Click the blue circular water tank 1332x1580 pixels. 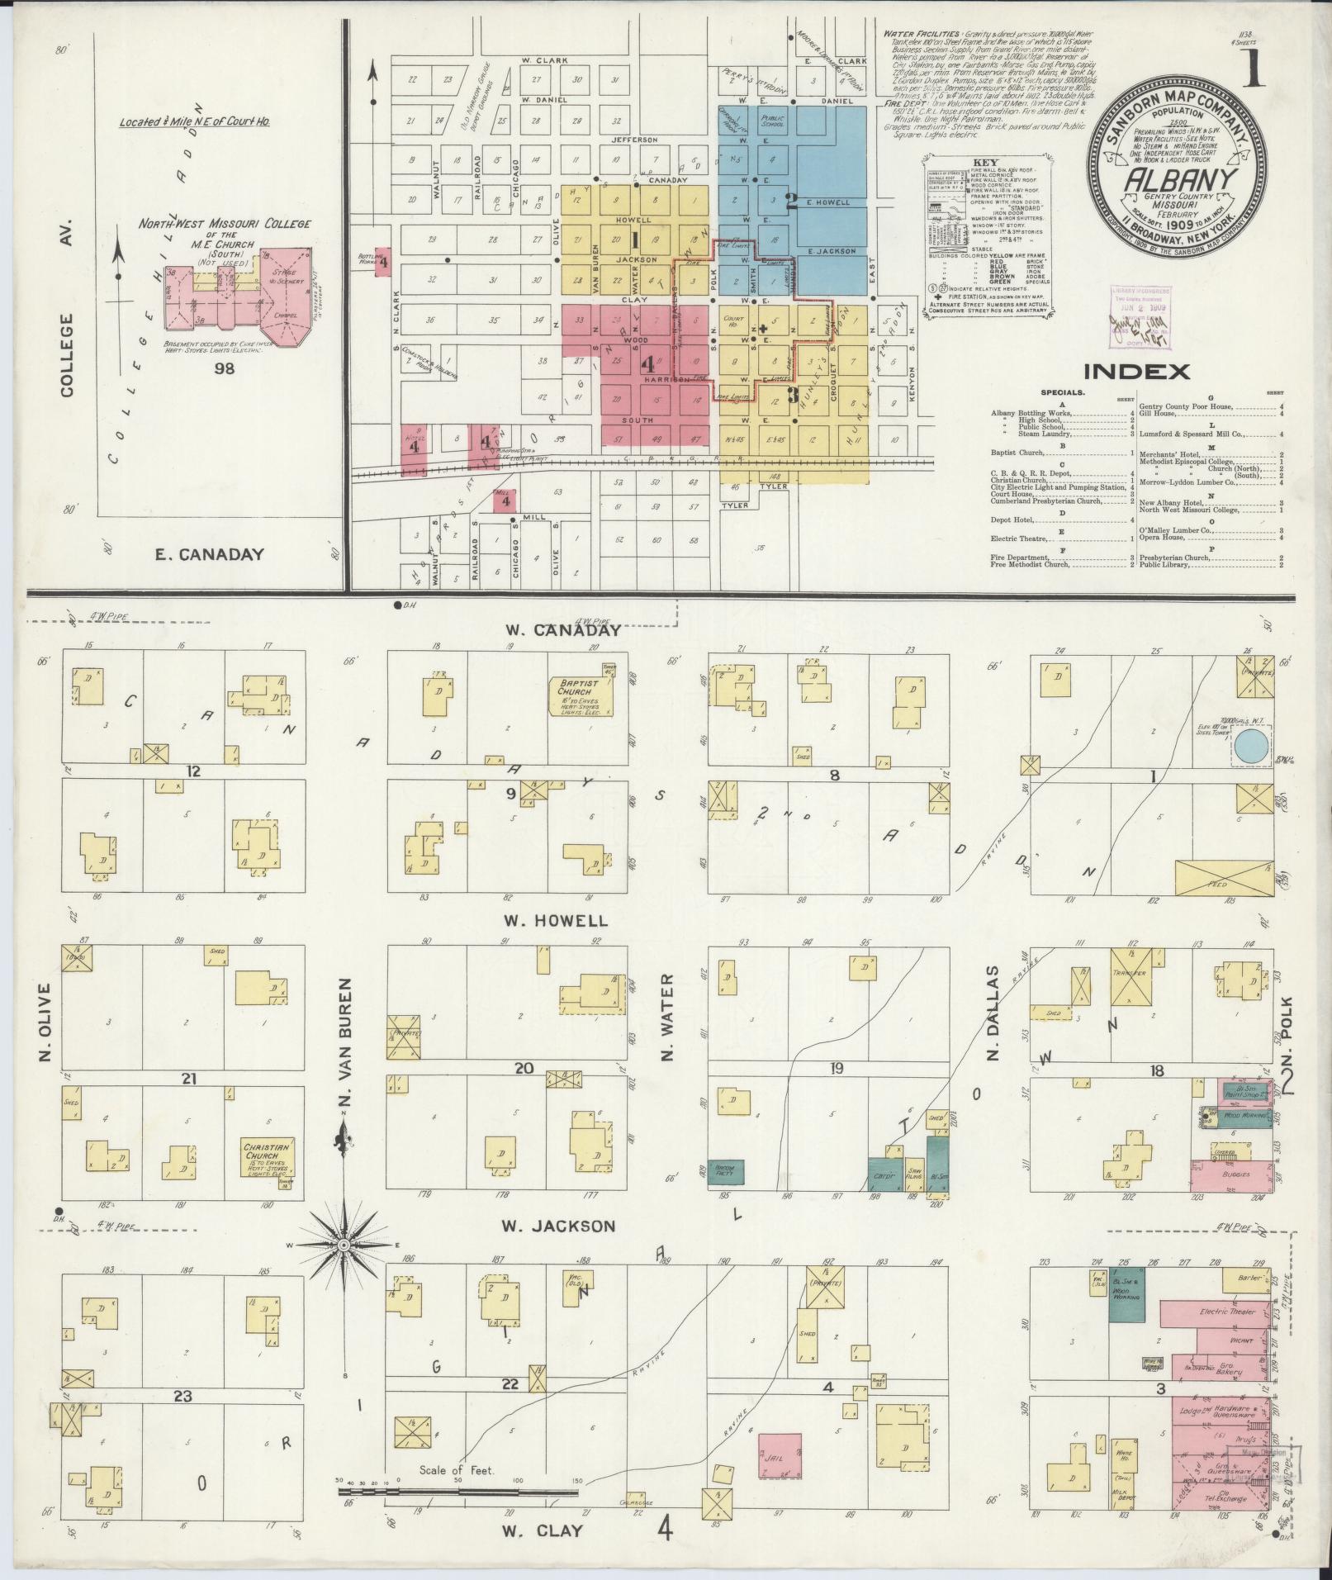click(x=1253, y=747)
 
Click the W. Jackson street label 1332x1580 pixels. click(x=558, y=1226)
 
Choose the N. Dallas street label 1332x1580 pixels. click(x=994, y=1013)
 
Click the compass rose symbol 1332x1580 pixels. click(x=342, y=1268)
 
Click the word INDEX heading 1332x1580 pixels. click(x=1136, y=372)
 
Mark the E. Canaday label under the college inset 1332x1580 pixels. click(x=210, y=554)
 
